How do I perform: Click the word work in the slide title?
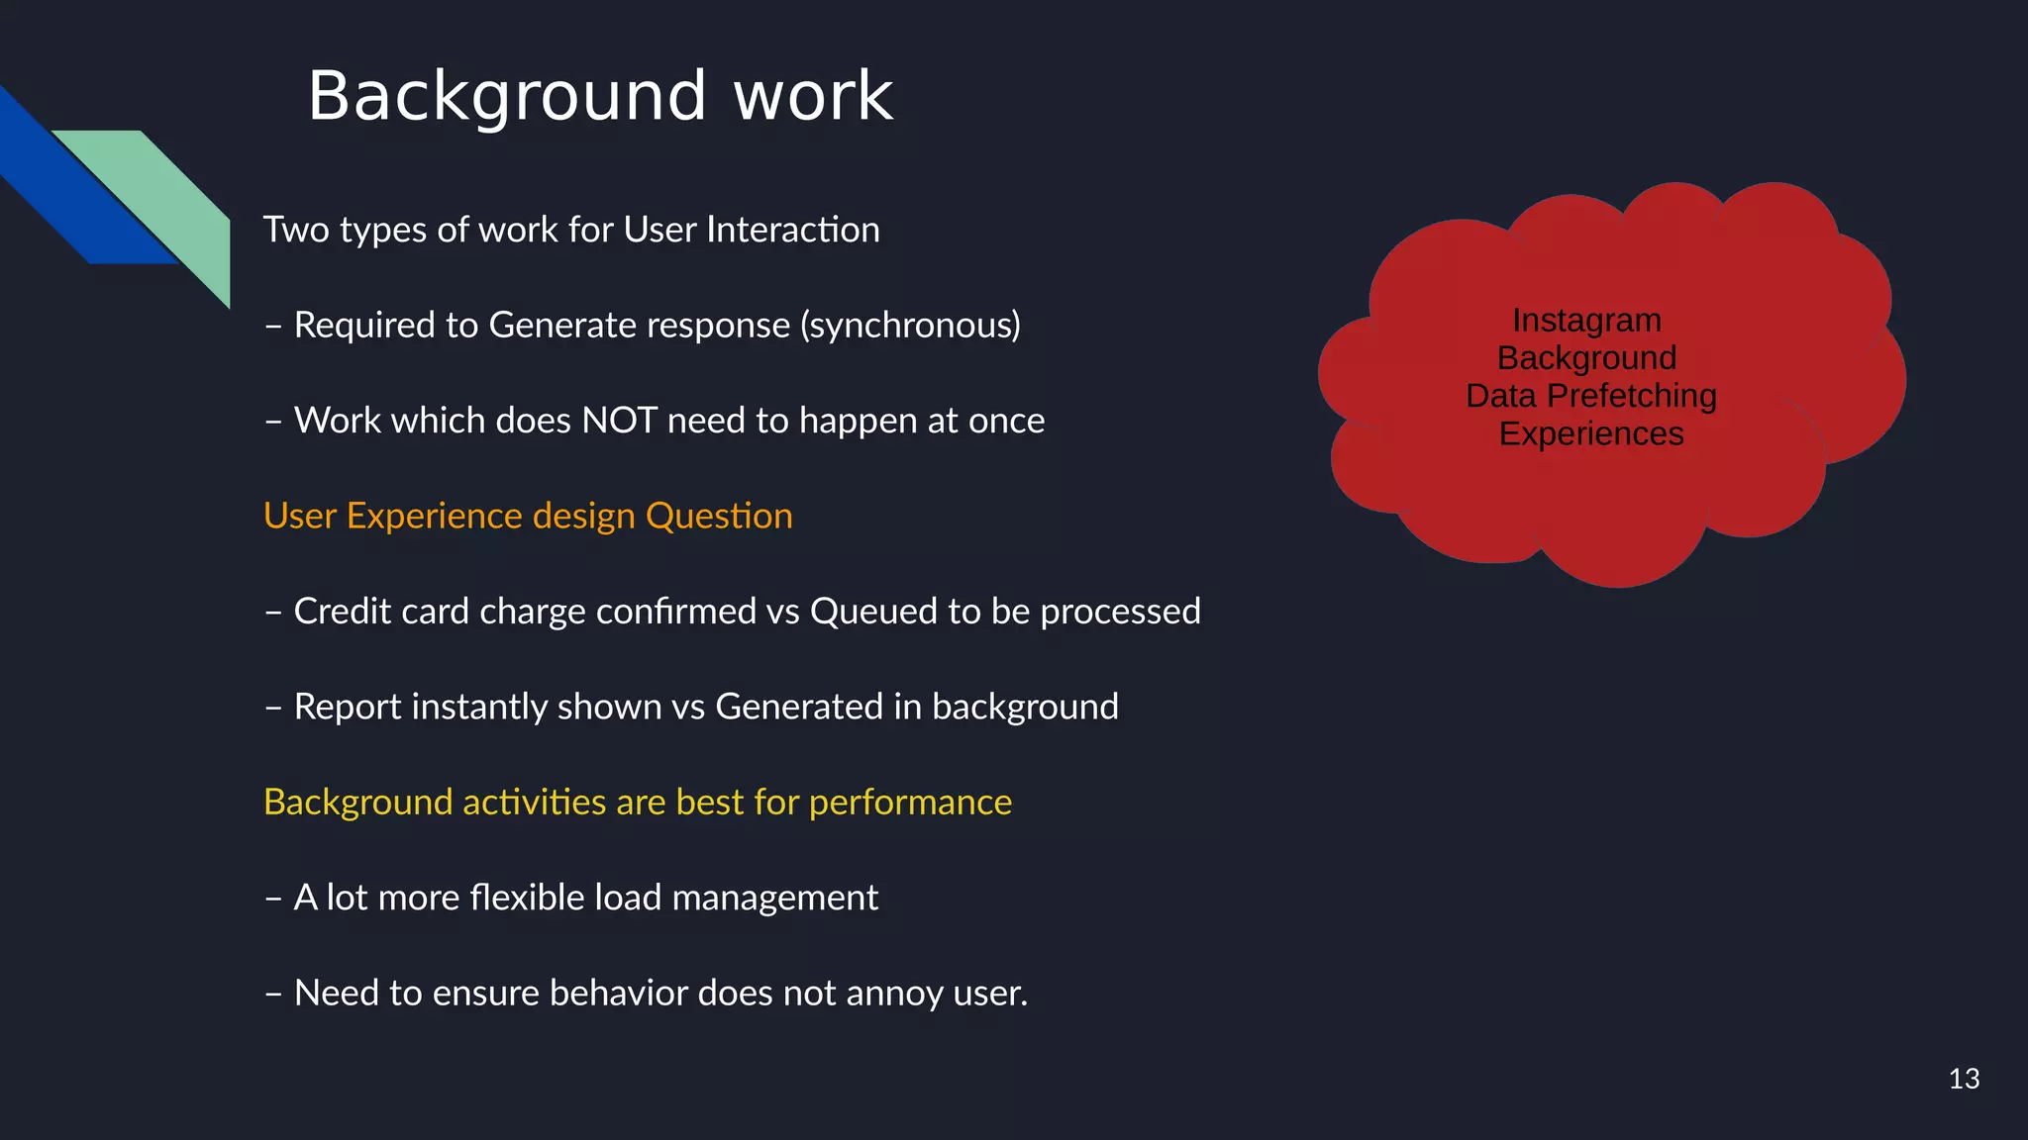[x=813, y=97]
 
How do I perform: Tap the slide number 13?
[x=1964, y=1079]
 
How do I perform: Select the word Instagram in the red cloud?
[x=1586, y=321]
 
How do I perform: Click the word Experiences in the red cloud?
[x=1590, y=433]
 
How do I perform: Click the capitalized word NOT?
[x=619, y=421]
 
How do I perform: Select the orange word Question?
[x=719, y=516]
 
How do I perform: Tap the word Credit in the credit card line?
[x=338, y=612]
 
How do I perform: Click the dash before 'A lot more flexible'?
[x=274, y=898]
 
